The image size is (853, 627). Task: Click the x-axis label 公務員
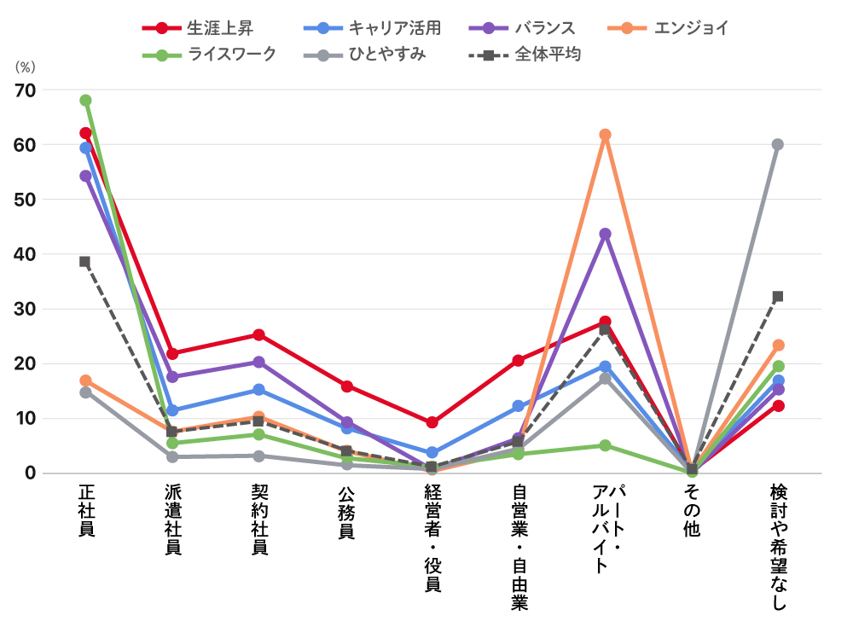(346, 512)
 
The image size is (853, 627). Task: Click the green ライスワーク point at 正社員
(86, 101)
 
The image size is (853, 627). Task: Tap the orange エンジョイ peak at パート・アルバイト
(605, 135)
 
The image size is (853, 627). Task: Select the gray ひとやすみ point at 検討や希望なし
(778, 145)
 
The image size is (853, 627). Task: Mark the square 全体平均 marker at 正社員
(85, 262)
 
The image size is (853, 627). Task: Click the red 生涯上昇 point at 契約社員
(259, 334)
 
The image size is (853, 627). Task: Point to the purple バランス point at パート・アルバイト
(605, 234)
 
